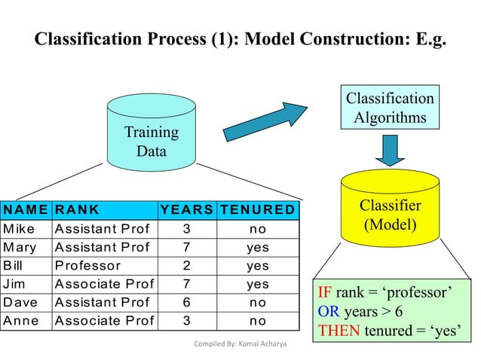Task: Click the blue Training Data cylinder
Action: [151, 133]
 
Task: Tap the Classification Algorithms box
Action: [390, 108]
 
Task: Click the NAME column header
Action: [26, 209]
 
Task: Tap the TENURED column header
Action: [257, 209]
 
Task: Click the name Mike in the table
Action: [19, 228]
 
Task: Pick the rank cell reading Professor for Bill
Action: [87, 266]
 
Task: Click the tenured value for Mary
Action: [257, 247]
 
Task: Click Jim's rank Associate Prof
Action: [104, 285]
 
